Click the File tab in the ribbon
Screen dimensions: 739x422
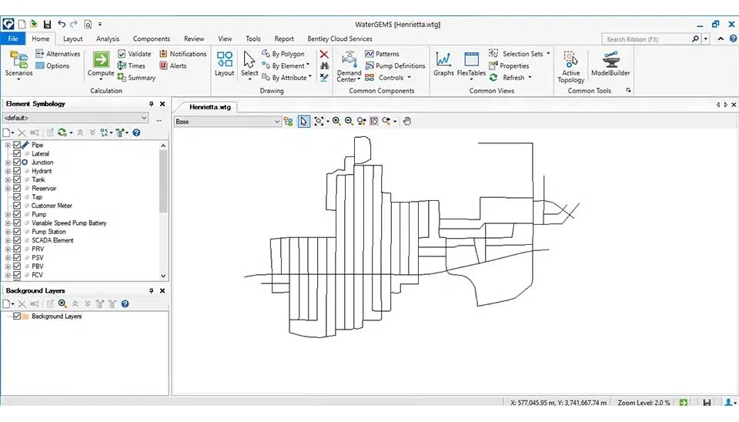13,39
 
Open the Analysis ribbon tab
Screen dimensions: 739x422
108,39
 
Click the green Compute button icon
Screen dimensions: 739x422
101,60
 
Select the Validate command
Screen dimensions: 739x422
134,54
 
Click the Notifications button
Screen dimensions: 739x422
183,54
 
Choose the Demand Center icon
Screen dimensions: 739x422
349,59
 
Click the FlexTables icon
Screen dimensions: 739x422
471,59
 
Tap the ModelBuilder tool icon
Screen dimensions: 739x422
610,59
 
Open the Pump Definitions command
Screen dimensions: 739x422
395,65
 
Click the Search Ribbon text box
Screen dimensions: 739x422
646,39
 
